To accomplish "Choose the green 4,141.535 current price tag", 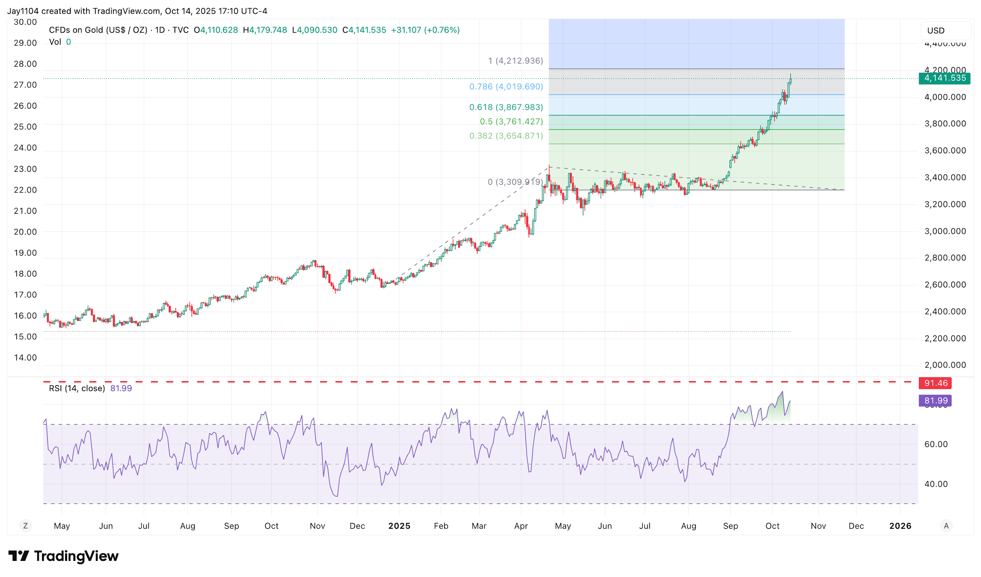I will (x=944, y=78).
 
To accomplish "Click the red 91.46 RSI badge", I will (x=935, y=383).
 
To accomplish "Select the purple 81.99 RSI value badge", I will (x=935, y=401).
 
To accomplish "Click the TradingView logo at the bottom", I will (x=64, y=556).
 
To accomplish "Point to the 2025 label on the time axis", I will (x=399, y=526).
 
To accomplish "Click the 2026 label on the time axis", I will (x=900, y=526).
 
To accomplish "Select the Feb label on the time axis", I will (x=441, y=526).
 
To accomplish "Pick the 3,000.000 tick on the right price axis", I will (x=945, y=231).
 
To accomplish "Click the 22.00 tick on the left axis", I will (x=25, y=190).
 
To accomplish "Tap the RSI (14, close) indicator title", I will (x=77, y=388).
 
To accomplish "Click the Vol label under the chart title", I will (x=55, y=42).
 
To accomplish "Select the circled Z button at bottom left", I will (x=26, y=526).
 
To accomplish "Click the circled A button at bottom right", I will (x=946, y=526).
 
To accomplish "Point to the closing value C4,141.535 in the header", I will (x=364, y=30).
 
